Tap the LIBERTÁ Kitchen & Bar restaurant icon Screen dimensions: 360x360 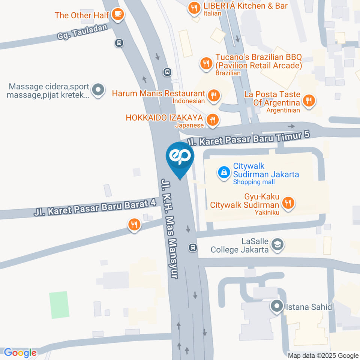194,7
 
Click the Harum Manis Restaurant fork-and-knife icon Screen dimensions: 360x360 213,95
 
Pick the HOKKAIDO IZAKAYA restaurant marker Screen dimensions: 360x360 213,120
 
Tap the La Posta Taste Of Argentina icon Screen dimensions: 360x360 309,100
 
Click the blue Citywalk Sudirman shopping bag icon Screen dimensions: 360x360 224,172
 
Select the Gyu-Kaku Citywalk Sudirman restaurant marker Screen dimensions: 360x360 288,203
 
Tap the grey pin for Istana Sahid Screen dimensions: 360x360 277,306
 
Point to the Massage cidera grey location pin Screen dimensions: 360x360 98,90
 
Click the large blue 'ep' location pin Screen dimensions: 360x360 180,157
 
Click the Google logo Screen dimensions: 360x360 20,352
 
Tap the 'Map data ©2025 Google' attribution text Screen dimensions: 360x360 323,355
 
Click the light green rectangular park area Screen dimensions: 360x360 59,305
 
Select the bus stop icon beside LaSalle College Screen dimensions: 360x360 193,247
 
